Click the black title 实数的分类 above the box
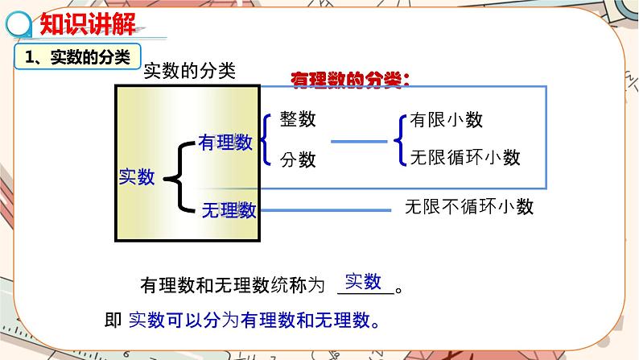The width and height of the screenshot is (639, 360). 189,72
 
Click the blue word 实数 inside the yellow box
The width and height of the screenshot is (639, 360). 137,176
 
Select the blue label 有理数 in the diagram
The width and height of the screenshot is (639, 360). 225,143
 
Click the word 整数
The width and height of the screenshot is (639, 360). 298,120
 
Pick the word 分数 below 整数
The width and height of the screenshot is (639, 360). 298,159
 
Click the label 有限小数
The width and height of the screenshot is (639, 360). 446,120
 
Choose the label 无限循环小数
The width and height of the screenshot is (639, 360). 465,157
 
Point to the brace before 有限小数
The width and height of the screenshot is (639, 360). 399,139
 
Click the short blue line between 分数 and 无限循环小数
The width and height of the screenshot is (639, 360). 359,142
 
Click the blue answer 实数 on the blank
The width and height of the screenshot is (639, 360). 363,281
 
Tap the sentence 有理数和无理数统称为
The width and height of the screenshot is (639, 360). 232,286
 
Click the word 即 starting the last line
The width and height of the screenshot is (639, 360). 113,320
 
